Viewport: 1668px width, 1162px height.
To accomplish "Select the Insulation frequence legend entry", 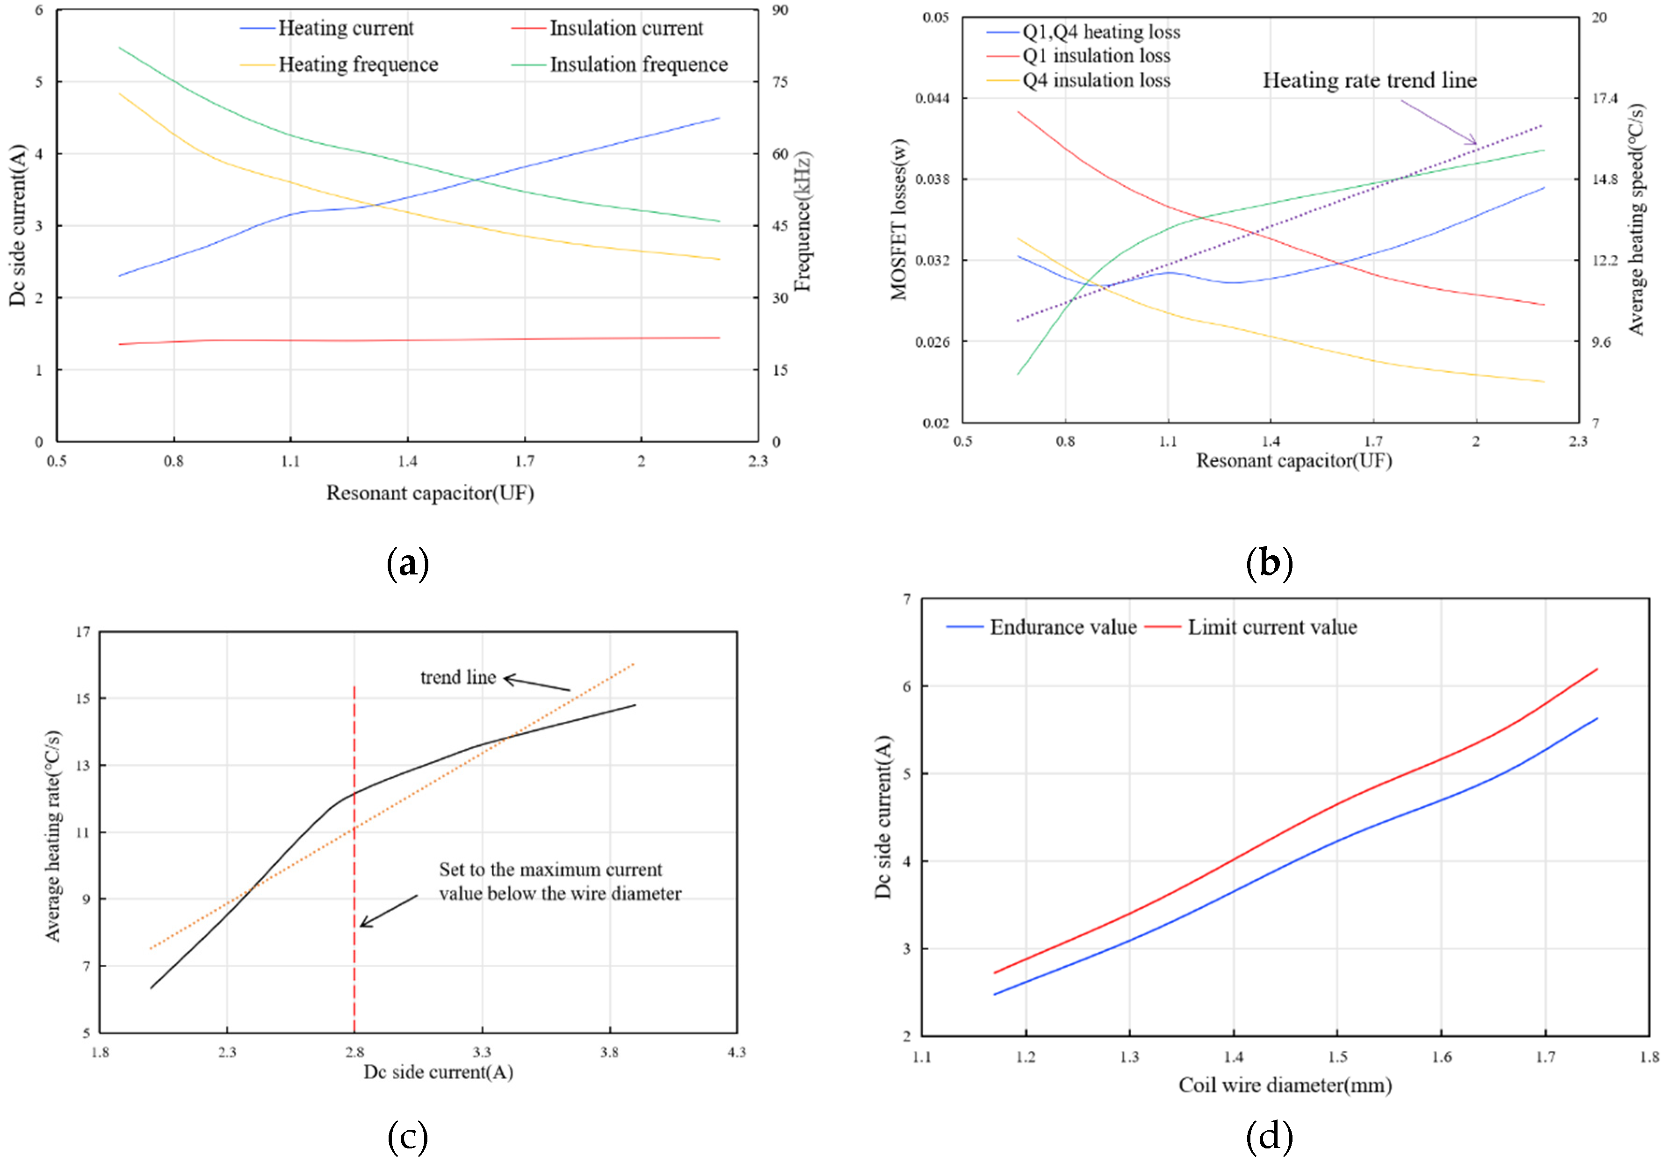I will coord(638,65).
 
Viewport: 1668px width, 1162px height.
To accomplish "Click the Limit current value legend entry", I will coord(1271,627).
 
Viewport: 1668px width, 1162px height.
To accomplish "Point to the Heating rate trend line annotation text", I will coord(1369,80).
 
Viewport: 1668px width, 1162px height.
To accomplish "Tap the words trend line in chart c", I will coord(458,678).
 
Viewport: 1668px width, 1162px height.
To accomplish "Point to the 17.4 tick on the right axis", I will coord(1604,98).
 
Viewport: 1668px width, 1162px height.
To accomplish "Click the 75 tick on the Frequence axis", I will coord(780,82).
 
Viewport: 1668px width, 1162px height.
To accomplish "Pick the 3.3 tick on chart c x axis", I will coord(482,1052).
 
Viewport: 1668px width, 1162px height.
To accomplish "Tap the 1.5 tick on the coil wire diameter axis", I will coord(1337,1057).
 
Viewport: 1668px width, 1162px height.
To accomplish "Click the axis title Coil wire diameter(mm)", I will coord(1285,1085).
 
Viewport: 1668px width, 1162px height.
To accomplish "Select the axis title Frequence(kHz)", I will coord(802,222).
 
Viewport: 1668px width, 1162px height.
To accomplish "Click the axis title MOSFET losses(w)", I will coord(899,219).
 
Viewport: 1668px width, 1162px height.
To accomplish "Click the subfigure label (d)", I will coord(1269,1137).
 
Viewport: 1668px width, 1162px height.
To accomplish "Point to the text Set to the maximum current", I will coord(550,869).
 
